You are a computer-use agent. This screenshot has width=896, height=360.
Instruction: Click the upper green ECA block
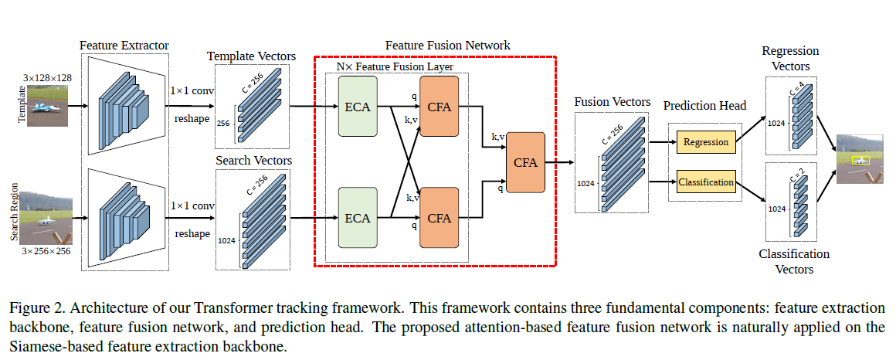point(357,107)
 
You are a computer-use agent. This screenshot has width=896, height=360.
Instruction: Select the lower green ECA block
point(357,218)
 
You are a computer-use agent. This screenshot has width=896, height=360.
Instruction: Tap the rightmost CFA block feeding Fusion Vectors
point(525,162)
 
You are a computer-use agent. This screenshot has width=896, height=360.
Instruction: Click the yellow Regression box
point(706,142)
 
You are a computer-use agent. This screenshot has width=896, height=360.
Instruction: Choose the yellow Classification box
point(706,183)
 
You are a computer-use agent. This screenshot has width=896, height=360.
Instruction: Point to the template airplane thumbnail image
point(49,105)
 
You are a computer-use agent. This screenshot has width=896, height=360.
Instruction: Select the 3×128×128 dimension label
point(49,77)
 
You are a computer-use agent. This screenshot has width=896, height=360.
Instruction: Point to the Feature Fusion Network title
point(447,46)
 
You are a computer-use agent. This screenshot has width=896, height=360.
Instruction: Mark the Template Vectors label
point(251,56)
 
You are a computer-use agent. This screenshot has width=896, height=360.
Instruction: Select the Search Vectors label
point(254,160)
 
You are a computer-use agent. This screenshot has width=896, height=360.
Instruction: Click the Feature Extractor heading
point(124,45)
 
